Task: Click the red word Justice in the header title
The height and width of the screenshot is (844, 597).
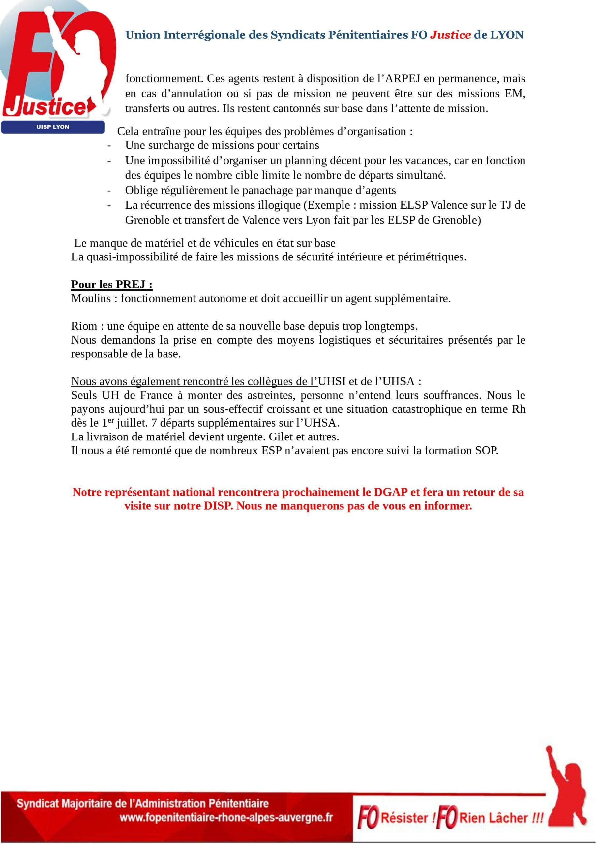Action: pos(450,35)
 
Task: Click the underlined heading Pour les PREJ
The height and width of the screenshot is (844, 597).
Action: pos(112,285)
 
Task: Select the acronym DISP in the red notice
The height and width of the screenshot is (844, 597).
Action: pos(218,506)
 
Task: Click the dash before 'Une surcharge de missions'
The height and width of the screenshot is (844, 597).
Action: pos(109,146)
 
